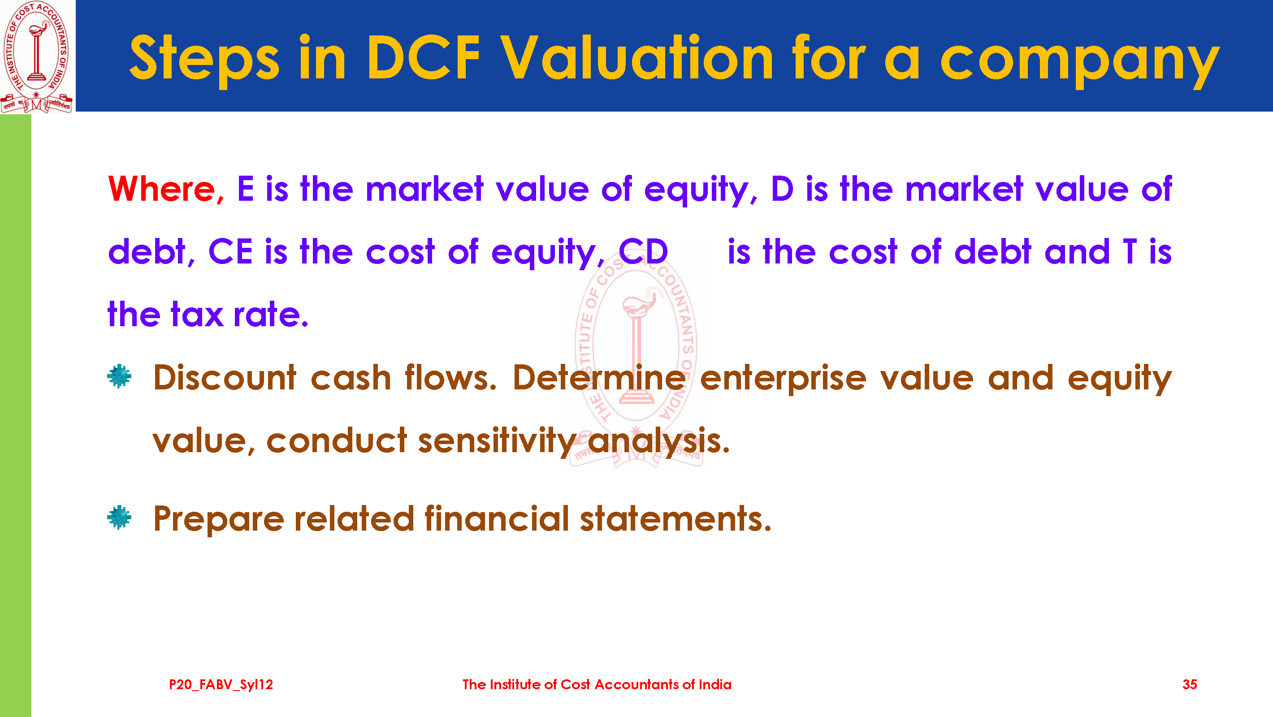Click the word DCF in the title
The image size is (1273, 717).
coord(424,57)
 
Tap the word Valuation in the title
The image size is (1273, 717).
coord(636,57)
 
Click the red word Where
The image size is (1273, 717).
coord(166,189)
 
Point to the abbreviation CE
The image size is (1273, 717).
coord(230,251)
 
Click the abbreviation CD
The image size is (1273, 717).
coord(643,251)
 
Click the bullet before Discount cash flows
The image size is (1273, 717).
coord(119,376)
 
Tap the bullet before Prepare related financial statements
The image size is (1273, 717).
coord(119,518)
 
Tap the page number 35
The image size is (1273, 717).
coord(1190,684)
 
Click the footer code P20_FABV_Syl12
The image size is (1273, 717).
coord(221,685)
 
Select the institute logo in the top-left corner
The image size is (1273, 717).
coord(37,56)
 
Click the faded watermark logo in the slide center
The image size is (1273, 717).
coord(636,361)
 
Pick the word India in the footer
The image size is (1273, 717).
coord(715,684)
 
